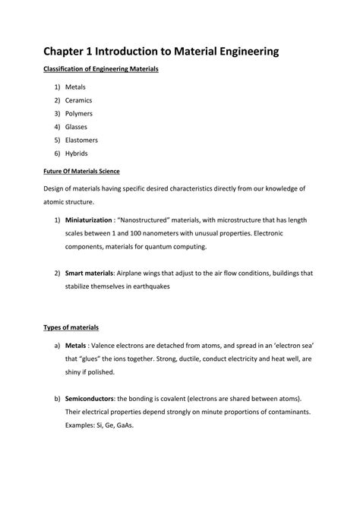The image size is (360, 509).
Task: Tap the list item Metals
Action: click(x=76, y=87)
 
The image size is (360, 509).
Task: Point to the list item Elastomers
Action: click(x=82, y=141)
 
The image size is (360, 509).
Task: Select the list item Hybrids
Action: click(x=77, y=154)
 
